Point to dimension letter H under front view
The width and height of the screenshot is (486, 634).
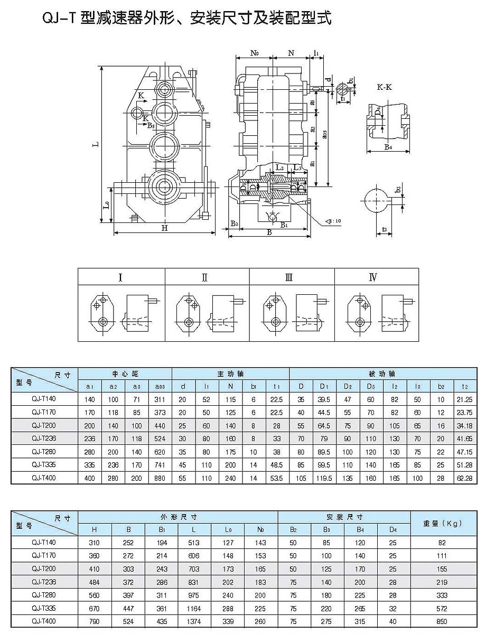click(x=164, y=228)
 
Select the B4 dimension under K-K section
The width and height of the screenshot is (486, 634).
click(x=388, y=147)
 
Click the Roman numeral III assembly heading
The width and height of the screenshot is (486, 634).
click(x=289, y=278)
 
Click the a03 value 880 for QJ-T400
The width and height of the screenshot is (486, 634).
click(x=160, y=478)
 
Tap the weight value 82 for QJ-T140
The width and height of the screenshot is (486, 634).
click(x=443, y=543)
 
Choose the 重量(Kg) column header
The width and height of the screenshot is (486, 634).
click(x=443, y=524)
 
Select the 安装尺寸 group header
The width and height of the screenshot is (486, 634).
click(x=344, y=517)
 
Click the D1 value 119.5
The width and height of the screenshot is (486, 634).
click(x=323, y=478)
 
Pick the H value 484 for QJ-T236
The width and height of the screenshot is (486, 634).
click(x=95, y=582)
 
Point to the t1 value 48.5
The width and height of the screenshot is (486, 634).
click(x=277, y=465)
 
